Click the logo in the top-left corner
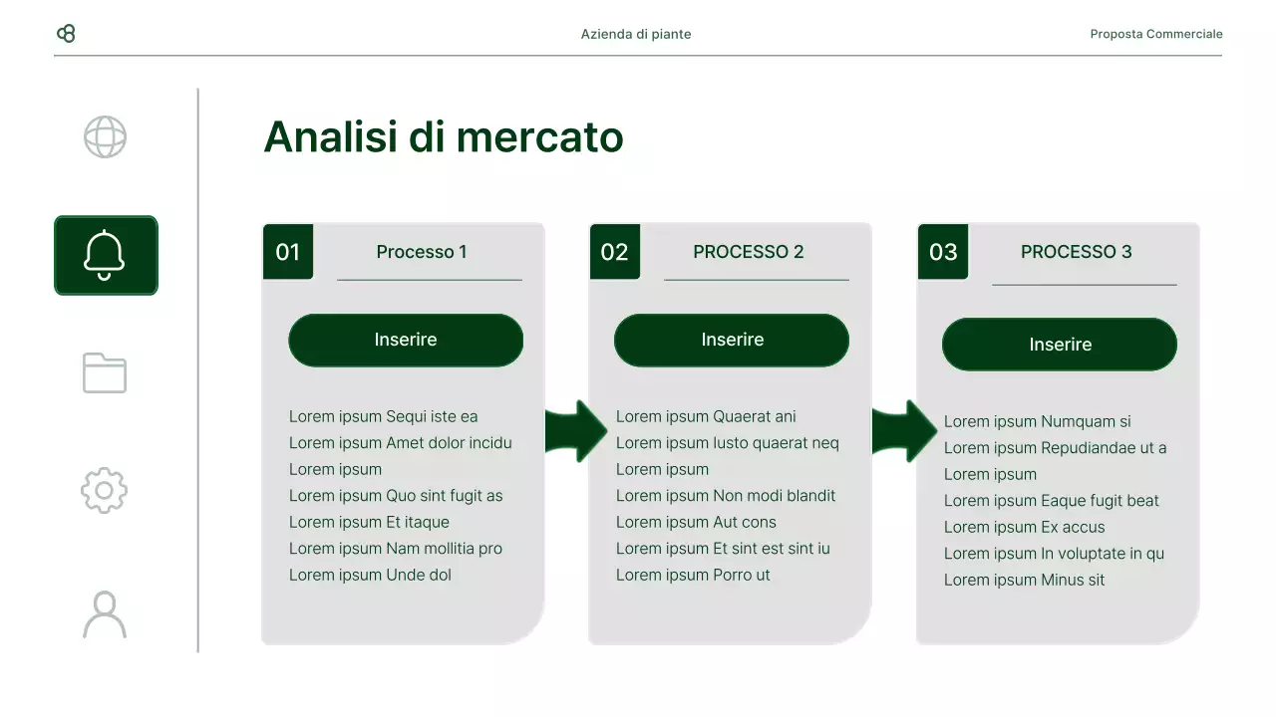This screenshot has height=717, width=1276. (66, 34)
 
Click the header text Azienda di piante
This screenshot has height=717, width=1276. (636, 34)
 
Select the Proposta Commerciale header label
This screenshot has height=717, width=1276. (1155, 34)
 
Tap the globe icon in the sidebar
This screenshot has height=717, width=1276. (105, 137)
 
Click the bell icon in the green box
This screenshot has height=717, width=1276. (105, 255)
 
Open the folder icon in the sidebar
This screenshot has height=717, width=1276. (105, 373)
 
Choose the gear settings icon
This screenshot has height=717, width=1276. (105, 491)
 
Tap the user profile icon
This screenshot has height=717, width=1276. (105, 614)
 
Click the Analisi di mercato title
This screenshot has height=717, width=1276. (443, 137)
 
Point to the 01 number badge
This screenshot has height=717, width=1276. (288, 252)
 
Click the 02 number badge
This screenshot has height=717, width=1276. (615, 252)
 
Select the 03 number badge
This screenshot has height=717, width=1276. (943, 252)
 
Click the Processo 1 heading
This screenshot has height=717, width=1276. (422, 252)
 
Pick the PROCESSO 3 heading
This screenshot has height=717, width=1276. (1076, 252)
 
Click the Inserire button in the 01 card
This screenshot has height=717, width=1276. (406, 341)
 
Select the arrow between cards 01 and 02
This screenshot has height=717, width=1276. (576, 431)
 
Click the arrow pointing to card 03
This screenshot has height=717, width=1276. (904, 431)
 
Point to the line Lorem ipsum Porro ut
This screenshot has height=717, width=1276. (693, 575)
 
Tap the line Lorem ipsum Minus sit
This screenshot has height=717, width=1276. (1024, 580)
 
